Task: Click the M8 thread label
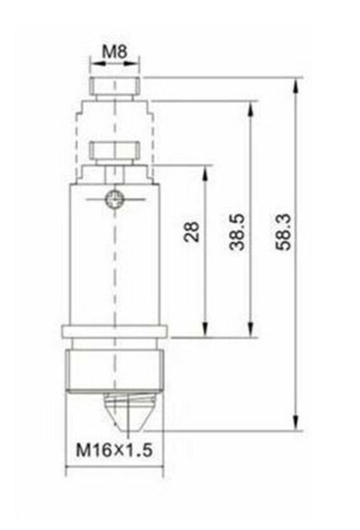[x=115, y=52]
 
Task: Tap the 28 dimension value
[x=192, y=232]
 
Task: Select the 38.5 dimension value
[x=237, y=232]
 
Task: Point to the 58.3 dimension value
[x=283, y=232]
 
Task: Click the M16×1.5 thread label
[x=114, y=450]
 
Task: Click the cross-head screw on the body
[x=114, y=199]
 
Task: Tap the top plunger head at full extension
[x=115, y=86]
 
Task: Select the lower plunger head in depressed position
[x=115, y=151]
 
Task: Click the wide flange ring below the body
[x=115, y=332]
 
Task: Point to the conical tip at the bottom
[x=129, y=412]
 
